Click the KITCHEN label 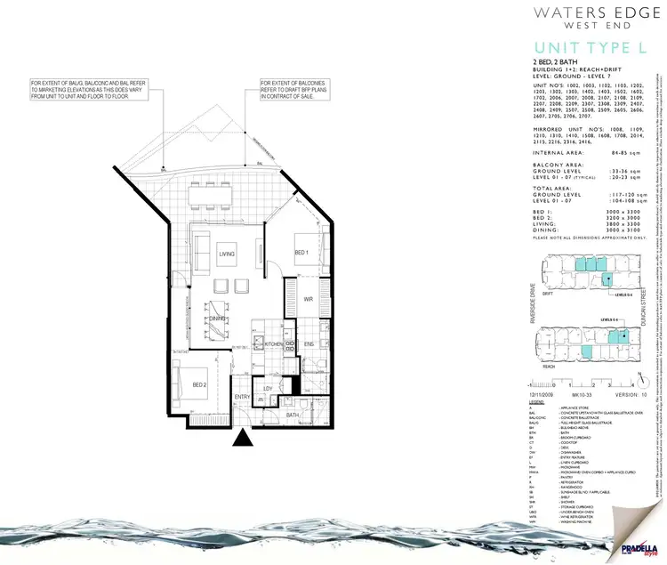[273, 343]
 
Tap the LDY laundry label [268, 364]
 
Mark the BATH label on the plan [293, 390]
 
